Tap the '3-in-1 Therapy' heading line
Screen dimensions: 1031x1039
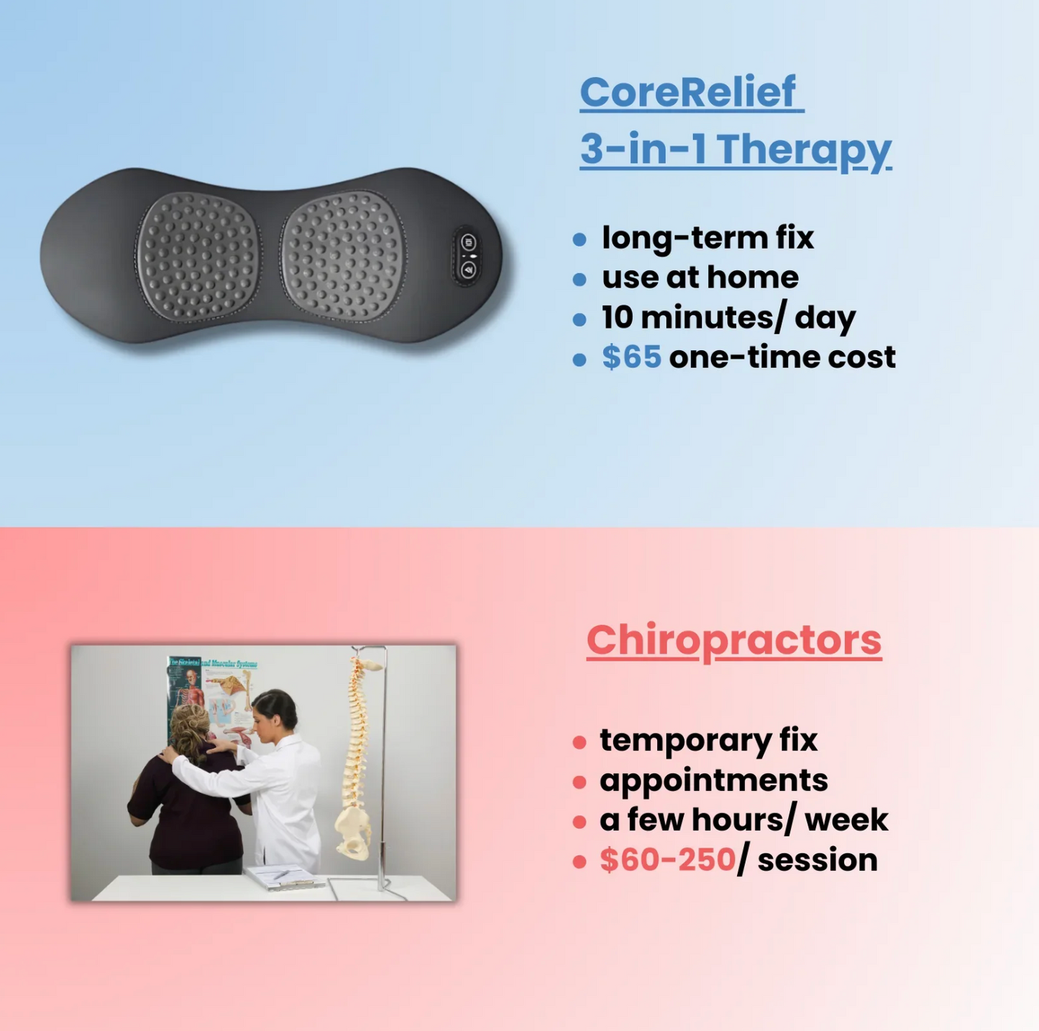tap(735, 149)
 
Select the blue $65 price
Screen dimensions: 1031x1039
tap(631, 357)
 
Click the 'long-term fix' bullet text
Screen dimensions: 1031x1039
tap(708, 238)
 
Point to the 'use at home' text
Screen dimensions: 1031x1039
tap(700, 278)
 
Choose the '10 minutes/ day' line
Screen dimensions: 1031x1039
tap(728, 317)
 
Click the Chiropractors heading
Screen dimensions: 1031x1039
tap(733, 640)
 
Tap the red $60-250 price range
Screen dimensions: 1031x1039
tap(667, 860)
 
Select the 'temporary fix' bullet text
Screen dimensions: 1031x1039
tap(708, 740)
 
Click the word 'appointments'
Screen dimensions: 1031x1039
tap(713, 780)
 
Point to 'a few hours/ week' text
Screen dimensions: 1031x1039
tap(743, 820)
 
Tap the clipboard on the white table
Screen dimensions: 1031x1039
tap(283, 876)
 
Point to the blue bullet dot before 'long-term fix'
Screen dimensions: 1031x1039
tap(580, 239)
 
